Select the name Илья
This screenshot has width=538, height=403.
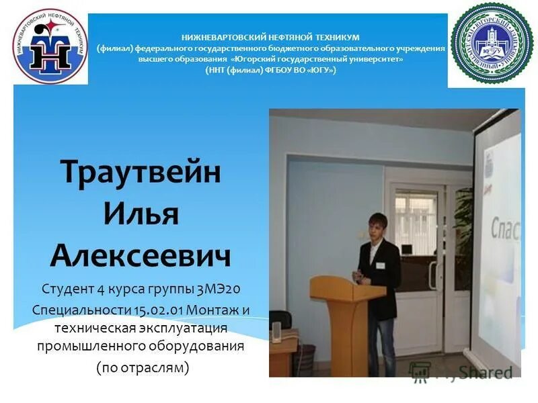[141, 214]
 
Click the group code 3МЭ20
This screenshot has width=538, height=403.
[219, 289]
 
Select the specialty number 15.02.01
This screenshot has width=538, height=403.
[159, 310]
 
